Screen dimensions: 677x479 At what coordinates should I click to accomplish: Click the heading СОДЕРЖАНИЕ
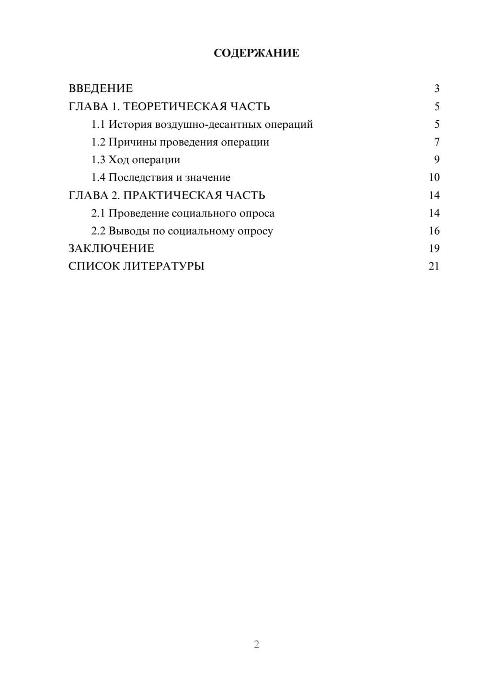click(x=256, y=53)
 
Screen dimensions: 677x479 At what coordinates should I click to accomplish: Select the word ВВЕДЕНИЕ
click(x=101, y=89)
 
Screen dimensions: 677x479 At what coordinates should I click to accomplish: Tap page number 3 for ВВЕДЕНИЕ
click(x=436, y=89)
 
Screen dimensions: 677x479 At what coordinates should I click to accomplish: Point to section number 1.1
click(x=98, y=124)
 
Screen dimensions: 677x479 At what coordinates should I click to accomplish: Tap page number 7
click(x=436, y=142)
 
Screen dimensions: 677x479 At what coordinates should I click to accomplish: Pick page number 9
click(x=436, y=160)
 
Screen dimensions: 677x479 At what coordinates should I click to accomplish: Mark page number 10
click(x=434, y=178)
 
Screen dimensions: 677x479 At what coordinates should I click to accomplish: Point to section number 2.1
click(x=98, y=213)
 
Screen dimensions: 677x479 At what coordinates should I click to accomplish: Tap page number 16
click(x=434, y=231)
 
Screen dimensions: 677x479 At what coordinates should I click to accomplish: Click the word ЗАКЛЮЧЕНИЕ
click(x=111, y=248)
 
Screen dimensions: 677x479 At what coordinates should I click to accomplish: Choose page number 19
click(x=434, y=248)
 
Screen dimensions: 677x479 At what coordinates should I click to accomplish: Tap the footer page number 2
click(x=256, y=644)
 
